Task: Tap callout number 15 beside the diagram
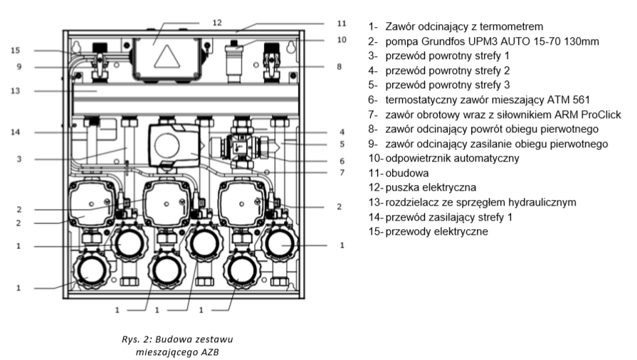point(16,51)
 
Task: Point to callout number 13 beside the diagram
point(16,91)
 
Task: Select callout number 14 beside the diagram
point(16,132)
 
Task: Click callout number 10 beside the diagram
point(341,40)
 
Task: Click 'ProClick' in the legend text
point(583,115)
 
